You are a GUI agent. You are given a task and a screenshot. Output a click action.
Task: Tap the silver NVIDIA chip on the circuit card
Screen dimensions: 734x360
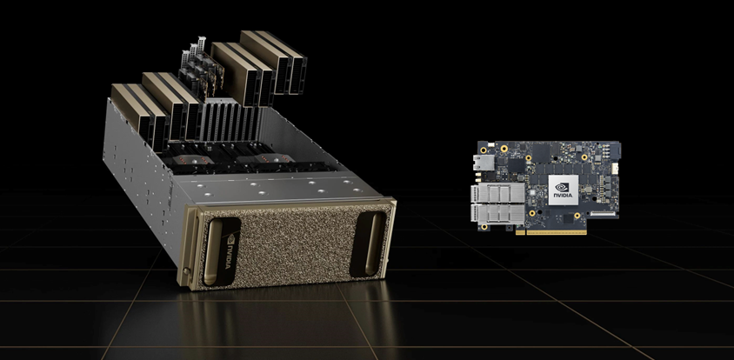(x=564, y=190)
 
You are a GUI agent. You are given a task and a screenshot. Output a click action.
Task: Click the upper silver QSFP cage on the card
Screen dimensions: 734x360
(x=497, y=192)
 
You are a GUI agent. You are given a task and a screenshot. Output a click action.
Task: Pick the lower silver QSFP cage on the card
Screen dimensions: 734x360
(x=497, y=214)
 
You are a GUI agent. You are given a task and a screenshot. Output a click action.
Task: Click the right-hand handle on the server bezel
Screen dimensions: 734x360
(x=370, y=244)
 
